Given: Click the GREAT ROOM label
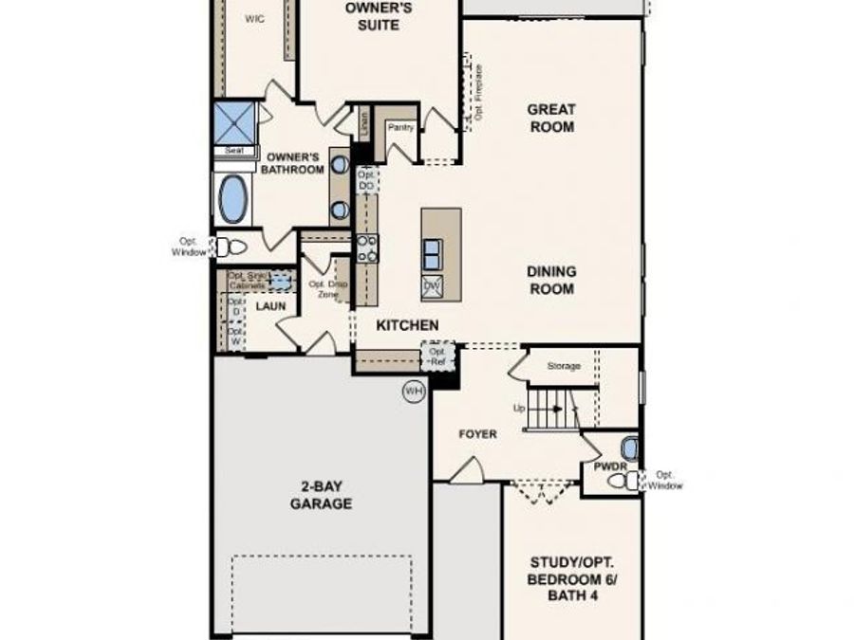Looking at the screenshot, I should (x=551, y=118).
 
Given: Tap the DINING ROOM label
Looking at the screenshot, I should (x=551, y=280).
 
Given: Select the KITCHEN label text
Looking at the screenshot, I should (x=408, y=325).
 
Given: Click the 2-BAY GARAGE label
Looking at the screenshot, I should (x=321, y=495).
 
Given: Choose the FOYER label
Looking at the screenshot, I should (x=477, y=434).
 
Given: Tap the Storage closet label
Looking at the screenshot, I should (x=563, y=366).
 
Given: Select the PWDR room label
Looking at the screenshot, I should (x=606, y=467).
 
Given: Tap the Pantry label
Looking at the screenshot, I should (x=399, y=126).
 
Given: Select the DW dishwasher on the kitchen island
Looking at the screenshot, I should (x=432, y=285).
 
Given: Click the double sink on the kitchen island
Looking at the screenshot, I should (x=432, y=253).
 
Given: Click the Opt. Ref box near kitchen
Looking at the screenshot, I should (x=438, y=357).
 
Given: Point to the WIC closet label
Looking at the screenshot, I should (x=254, y=18).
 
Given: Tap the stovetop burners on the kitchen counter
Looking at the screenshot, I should (x=366, y=248).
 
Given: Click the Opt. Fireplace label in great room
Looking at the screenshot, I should (x=479, y=92).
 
